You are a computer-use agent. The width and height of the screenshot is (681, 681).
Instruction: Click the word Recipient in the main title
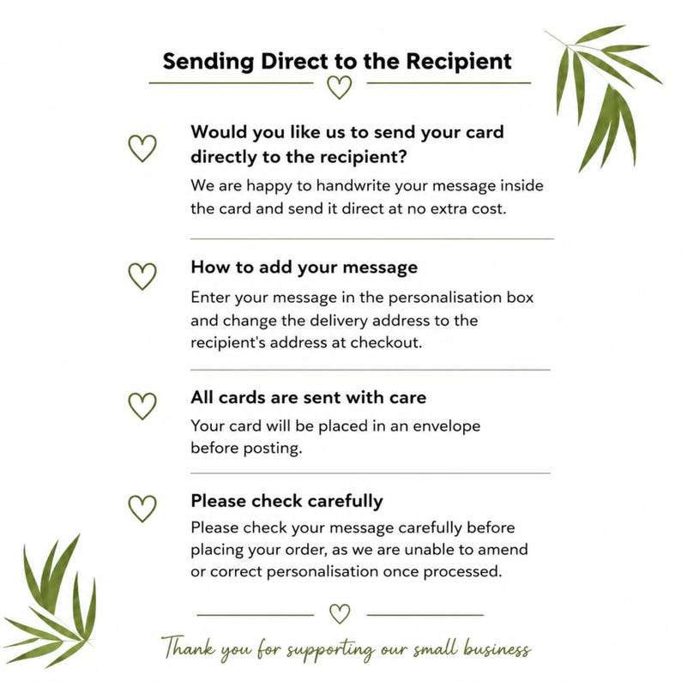point(459,62)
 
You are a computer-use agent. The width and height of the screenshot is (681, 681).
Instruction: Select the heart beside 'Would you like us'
point(142,159)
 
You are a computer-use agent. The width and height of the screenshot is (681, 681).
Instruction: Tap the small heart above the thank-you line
point(340,622)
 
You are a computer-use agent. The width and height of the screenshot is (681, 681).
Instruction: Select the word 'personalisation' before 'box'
point(445,298)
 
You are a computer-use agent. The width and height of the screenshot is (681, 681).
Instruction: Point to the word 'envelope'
point(447,426)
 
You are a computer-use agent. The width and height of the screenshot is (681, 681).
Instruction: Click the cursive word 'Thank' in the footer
point(189,648)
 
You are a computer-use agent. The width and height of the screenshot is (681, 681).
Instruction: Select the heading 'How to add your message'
point(304,268)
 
